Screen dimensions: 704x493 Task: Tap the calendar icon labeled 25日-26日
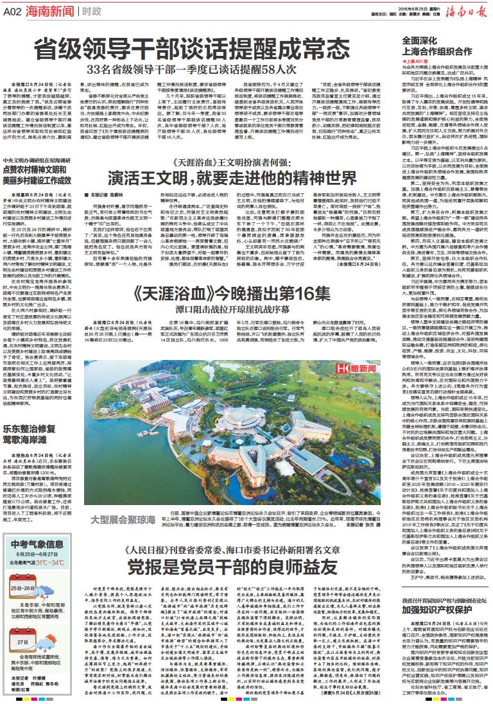[x=24, y=585]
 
